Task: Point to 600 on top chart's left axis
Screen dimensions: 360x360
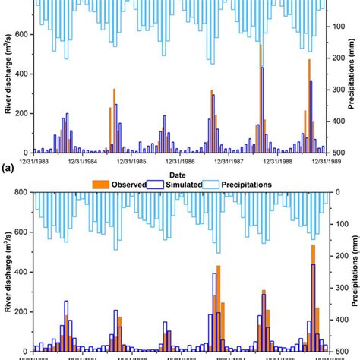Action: click(21, 35)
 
